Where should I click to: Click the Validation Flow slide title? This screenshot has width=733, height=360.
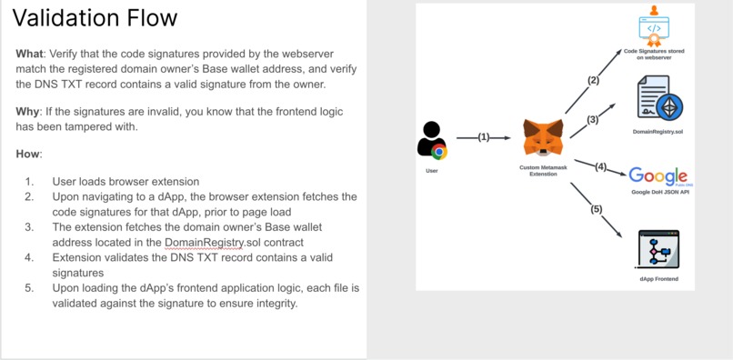(95, 18)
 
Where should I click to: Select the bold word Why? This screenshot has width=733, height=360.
(28, 110)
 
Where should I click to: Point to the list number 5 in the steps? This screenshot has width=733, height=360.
(29, 288)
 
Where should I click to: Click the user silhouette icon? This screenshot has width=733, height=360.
(431, 141)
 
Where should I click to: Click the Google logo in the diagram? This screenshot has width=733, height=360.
(658, 175)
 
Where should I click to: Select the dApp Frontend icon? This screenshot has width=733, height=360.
(659, 248)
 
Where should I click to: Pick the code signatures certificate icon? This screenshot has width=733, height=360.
(654, 26)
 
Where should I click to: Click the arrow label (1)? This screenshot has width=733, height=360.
(484, 137)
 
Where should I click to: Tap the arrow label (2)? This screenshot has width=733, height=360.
(593, 80)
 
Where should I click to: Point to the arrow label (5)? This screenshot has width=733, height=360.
(597, 209)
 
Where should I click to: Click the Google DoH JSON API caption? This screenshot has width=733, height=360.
(659, 193)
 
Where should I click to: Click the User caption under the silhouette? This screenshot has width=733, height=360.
(431, 170)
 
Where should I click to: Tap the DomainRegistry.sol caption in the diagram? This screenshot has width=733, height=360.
(658, 132)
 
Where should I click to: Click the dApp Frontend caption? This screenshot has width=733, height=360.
(658, 278)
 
